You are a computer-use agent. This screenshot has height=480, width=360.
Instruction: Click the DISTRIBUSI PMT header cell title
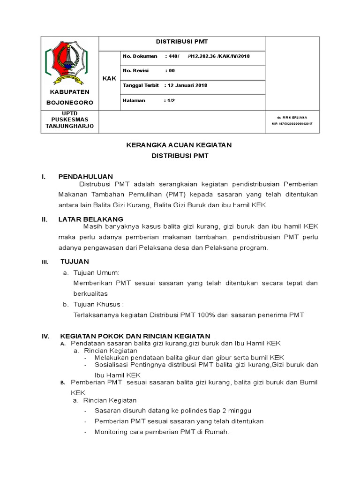click(x=181, y=42)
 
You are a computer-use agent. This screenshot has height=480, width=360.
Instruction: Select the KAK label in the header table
click(x=109, y=78)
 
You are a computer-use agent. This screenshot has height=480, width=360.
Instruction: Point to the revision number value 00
click(x=172, y=71)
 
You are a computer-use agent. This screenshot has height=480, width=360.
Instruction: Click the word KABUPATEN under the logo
click(x=69, y=92)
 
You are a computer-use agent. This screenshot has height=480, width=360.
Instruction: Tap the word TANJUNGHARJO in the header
click(x=69, y=126)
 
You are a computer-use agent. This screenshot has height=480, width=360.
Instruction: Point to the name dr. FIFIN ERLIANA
click(x=292, y=117)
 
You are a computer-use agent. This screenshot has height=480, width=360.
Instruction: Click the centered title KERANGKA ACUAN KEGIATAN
click(x=179, y=145)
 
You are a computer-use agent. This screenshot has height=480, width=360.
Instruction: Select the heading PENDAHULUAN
click(x=85, y=176)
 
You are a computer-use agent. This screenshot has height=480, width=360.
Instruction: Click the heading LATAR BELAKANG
click(x=90, y=219)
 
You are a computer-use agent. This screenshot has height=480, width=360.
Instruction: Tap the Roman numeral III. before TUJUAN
click(x=45, y=262)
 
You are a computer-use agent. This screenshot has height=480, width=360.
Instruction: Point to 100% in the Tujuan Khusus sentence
click(x=205, y=315)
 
